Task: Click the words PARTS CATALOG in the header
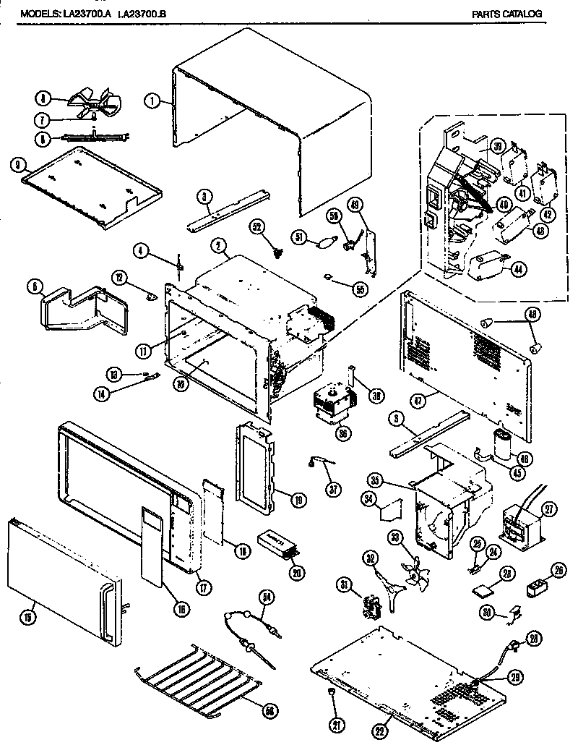(506, 13)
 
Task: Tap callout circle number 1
(151, 102)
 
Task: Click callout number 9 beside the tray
(17, 165)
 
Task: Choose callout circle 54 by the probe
(267, 597)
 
